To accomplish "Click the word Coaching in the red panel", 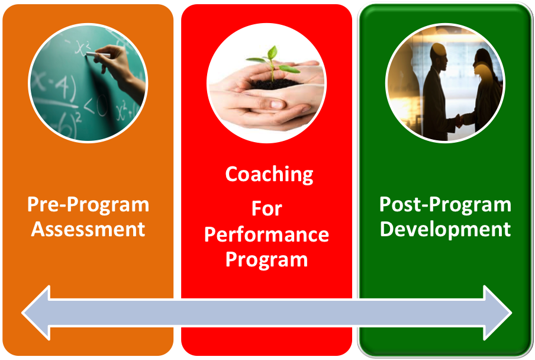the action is click(269, 175).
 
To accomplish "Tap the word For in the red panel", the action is click(267, 208).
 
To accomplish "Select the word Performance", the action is click(266, 234).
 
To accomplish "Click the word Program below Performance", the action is click(266, 260).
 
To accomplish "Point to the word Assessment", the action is click(88, 229).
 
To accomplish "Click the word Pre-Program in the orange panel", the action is click(88, 205).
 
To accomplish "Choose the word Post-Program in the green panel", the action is click(445, 205).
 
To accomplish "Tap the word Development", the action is click(445, 229).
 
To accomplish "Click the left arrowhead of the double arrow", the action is click(36, 313).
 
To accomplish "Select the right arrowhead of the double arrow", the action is click(498, 313).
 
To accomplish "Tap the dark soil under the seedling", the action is click(273, 84).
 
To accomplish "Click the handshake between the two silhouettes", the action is click(460, 120).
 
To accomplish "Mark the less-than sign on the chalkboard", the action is click(89, 107).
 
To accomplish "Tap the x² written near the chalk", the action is click(82, 48).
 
